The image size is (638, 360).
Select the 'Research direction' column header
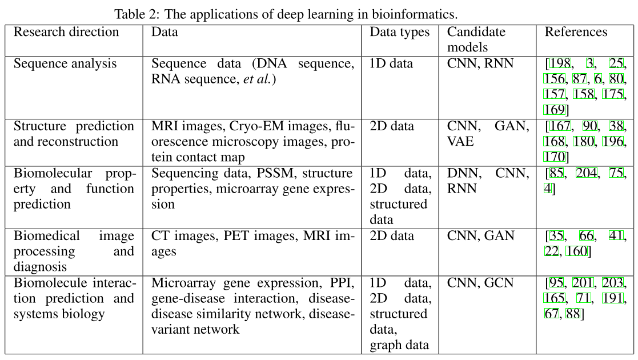click(66, 32)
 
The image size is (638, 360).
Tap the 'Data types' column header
click(399, 32)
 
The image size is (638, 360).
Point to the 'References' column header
click(576, 32)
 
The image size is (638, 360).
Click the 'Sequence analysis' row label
click(65, 63)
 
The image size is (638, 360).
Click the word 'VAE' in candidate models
click(460, 141)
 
